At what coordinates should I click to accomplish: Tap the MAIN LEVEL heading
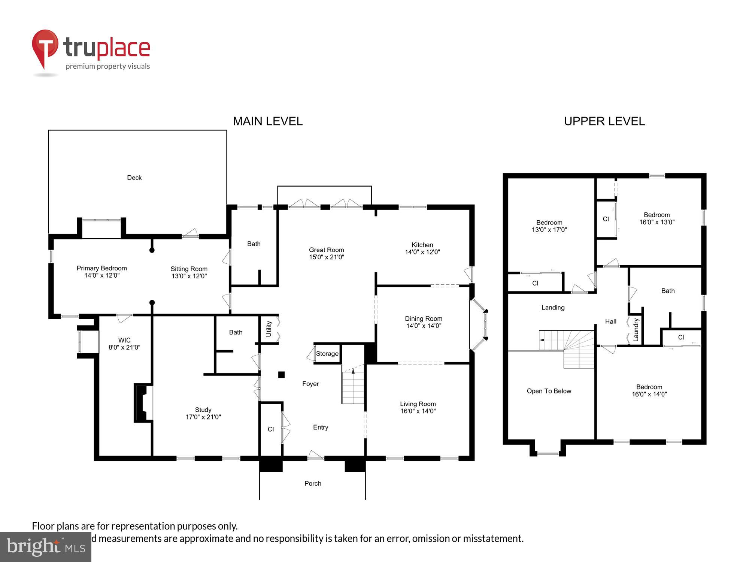pos(267,121)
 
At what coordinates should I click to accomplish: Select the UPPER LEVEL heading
pos(604,121)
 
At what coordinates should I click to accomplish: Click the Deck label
pos(134,178)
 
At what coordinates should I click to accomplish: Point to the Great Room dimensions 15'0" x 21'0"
pos(326,257)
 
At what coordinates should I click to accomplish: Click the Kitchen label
pos(422,245)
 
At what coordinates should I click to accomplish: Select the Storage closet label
pos(327,354)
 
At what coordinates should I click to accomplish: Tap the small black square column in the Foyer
pos(281,375)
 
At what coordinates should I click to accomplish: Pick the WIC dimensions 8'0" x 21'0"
pos(124,347)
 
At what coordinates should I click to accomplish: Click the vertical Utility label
pos(269,329)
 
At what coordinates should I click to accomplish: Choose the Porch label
pos(313,483)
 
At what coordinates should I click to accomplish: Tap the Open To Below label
pos(549,391)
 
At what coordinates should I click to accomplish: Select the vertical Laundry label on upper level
pos(636,330)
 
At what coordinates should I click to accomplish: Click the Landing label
pos(553,308)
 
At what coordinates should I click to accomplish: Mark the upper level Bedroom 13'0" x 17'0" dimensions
pos(549,230)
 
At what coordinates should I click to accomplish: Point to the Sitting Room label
pos(189,269)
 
